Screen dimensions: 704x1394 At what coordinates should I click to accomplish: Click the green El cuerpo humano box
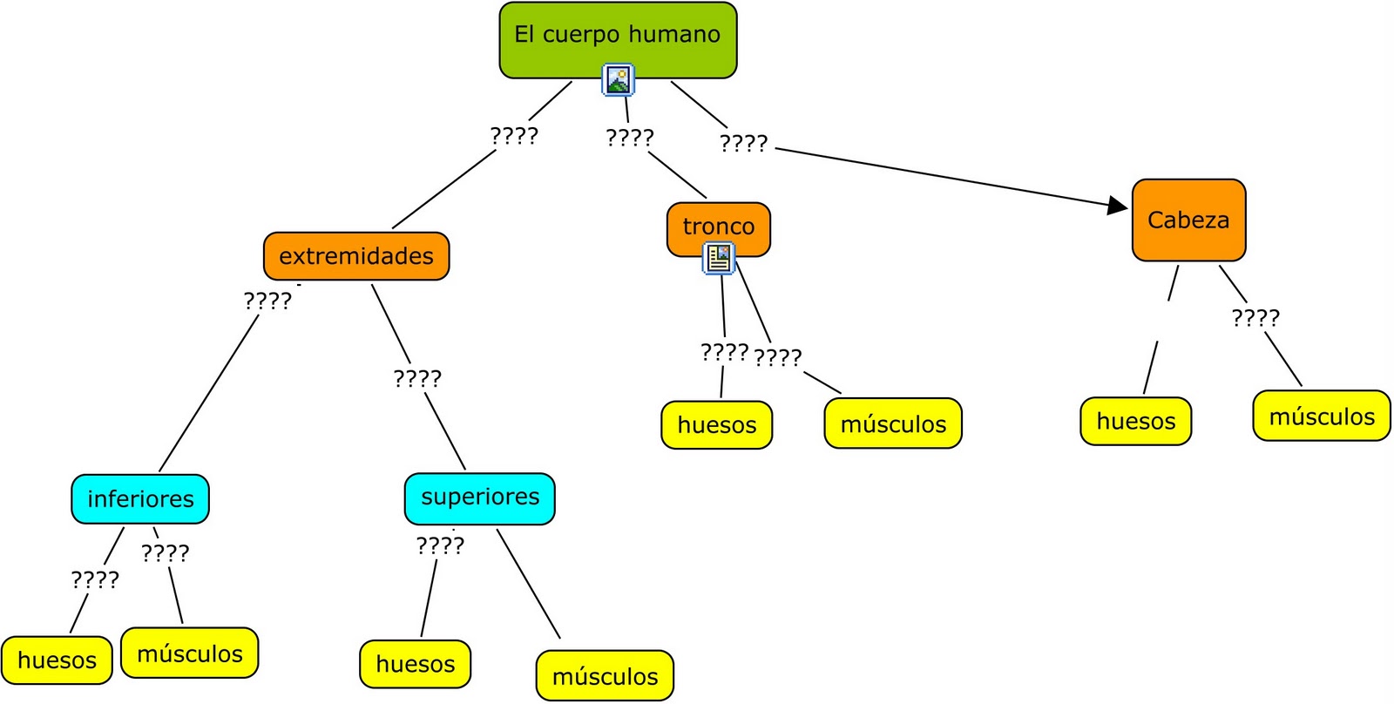618,35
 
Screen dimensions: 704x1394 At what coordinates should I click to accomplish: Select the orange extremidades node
355,256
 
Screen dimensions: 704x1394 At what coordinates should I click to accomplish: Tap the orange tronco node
718,226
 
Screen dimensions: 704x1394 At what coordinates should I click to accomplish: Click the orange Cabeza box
1188,220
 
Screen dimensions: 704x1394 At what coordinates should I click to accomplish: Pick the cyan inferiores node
140,499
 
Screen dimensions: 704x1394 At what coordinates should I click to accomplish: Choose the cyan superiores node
479,498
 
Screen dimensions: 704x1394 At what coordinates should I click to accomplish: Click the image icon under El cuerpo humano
619,80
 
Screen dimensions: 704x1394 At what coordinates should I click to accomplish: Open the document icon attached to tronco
719,259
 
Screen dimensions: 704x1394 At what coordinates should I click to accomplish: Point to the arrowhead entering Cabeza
1118,206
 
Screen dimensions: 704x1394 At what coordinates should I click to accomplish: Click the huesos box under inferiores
57,660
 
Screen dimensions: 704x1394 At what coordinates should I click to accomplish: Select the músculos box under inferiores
190,653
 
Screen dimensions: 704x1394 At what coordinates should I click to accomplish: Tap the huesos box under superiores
415,664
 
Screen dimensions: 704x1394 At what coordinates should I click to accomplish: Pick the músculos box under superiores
605,676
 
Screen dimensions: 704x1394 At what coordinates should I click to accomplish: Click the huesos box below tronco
716,425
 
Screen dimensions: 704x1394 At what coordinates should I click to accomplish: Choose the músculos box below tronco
893,424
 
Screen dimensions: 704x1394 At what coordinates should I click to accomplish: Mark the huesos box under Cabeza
1135,422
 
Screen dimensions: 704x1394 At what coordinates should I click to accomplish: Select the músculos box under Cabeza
1321,416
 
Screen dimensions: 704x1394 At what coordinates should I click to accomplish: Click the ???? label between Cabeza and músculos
1255,318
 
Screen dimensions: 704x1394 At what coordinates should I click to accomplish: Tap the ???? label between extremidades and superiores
417,378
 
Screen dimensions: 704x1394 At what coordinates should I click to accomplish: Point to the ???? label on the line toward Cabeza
744,143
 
